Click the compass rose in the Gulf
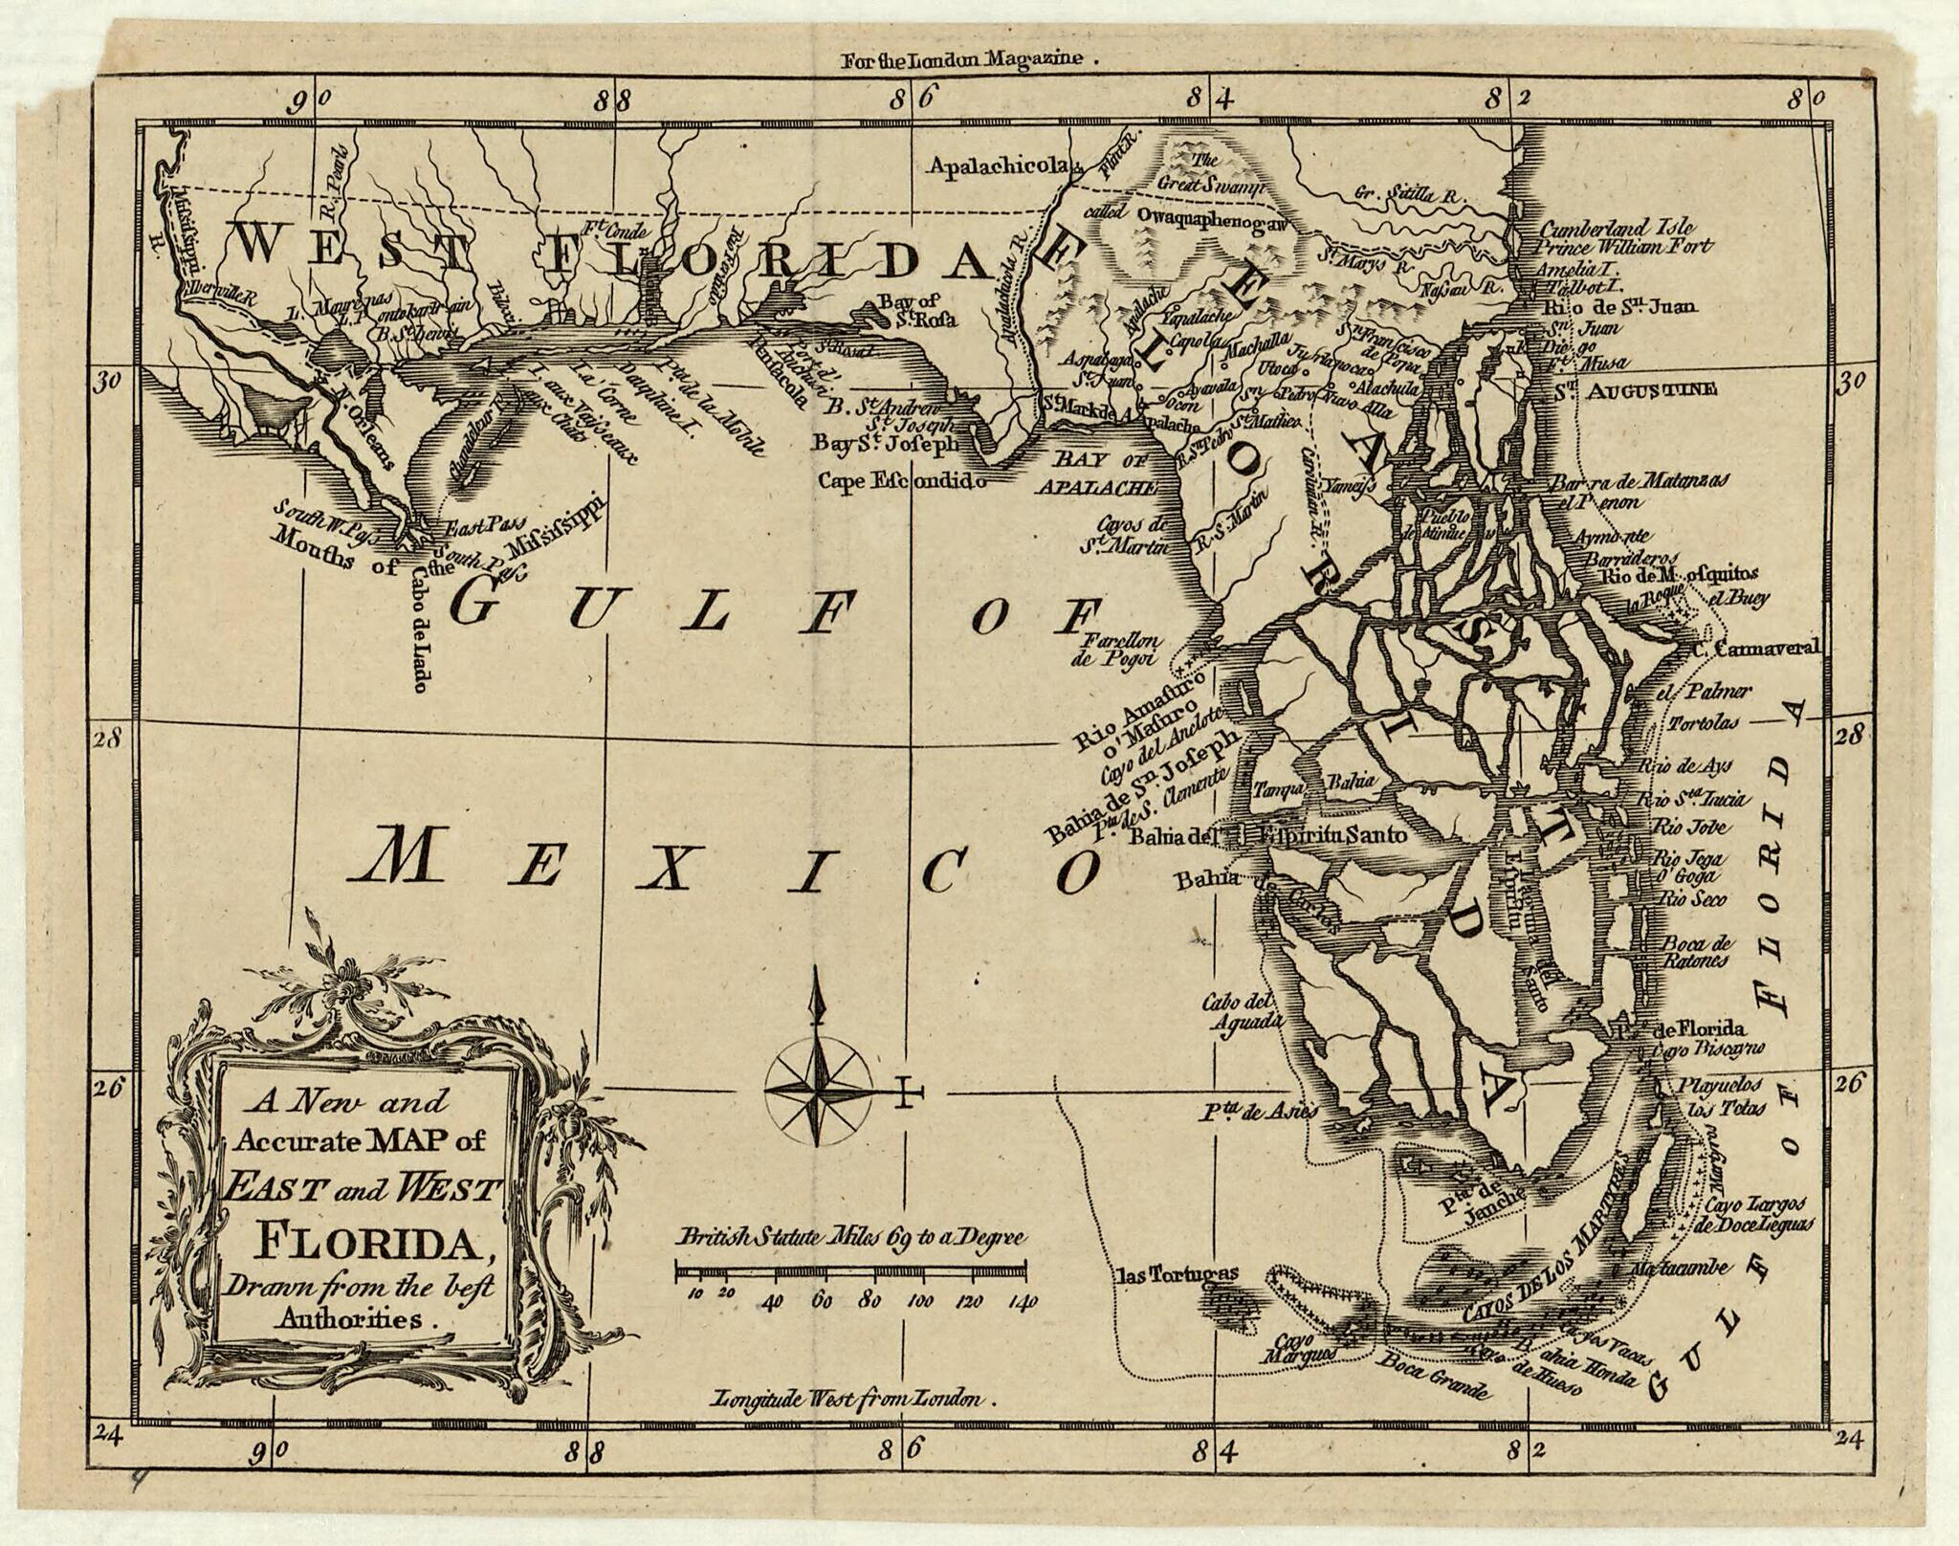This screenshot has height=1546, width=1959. (x=818, y=1089)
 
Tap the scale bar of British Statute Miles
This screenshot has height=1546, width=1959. (x=851, y=1271)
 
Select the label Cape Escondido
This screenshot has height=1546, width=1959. (x=899, y=480)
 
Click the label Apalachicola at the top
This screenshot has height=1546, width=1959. (x=995, y=166)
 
